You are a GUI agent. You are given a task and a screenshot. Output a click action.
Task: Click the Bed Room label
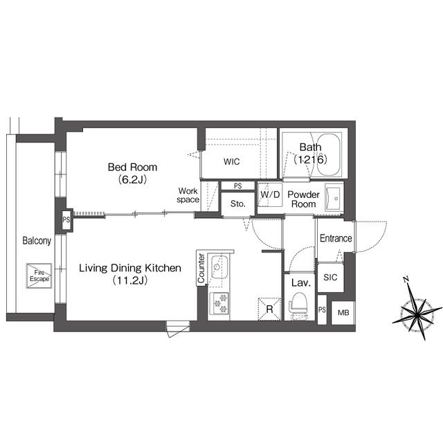point(132,167)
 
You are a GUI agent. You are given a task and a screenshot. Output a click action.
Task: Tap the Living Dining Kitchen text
point(129,268)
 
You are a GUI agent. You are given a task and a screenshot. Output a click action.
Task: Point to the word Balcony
point(37,241)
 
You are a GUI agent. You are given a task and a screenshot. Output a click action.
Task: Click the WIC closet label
point(231,162)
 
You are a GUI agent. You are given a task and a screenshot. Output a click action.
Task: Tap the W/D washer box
point(270,195)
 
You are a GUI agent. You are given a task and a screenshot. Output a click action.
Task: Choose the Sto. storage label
point(237,204)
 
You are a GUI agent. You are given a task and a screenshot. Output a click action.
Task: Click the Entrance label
point(336,239)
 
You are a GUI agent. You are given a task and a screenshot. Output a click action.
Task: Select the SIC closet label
point(330,277)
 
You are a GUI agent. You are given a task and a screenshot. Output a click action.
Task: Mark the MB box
point(343,312)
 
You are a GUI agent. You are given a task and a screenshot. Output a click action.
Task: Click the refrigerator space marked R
point(269,308)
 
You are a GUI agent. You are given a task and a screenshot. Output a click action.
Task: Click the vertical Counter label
point(201,269)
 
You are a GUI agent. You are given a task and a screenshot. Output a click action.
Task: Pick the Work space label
point(188,195)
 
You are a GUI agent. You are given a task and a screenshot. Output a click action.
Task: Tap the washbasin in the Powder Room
point(334,196)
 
